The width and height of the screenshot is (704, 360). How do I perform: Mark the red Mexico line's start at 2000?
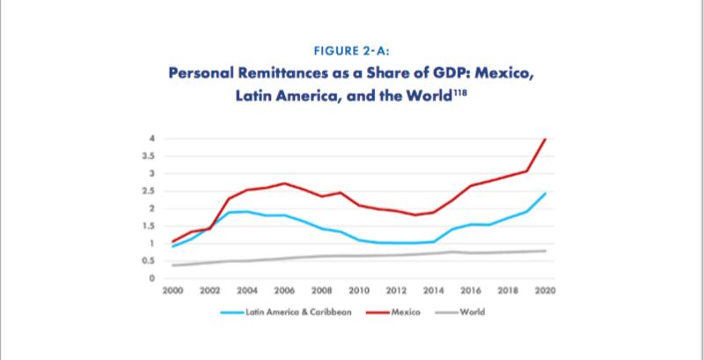point(172,241)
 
